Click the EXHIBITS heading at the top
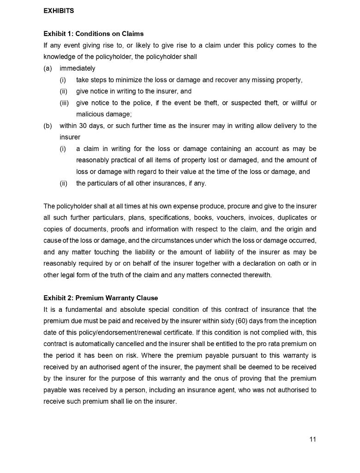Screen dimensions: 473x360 [x=59, y=11]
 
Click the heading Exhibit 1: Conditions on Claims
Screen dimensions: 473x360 [x=93, y=34]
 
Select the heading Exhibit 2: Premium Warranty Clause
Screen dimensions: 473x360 [x=101, y=298]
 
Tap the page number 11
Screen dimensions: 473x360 [x=312, y=439]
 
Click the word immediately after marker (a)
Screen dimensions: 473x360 [x=78, y=68]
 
